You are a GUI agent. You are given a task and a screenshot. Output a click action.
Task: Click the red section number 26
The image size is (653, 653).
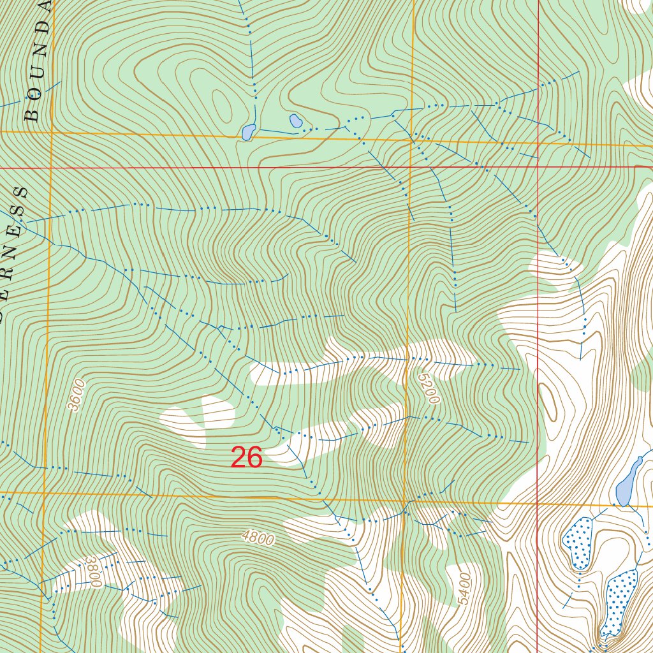pyautogui.click(x=246, y=458)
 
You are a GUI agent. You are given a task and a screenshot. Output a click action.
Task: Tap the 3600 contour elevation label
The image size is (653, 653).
pyautogui.click(x=77, y=395)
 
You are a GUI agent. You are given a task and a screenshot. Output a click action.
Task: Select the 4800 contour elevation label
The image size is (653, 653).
pyautogui.click(x=258, y=538)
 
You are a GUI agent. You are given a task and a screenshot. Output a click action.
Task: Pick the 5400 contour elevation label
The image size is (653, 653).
pyautogui.click(x=464, y=589)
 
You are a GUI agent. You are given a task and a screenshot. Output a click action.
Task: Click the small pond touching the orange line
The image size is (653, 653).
pyautogui.click(x=248, y=133)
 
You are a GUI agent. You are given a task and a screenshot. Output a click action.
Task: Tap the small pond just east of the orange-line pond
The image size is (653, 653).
pyautogui.click(x=295, y=121)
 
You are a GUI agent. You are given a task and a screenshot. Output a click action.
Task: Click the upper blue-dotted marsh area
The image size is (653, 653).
pyautogui.click(x=578, y=542)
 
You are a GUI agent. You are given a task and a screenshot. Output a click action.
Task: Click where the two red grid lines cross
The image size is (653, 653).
pyautogui.click(x=538, y=167)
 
